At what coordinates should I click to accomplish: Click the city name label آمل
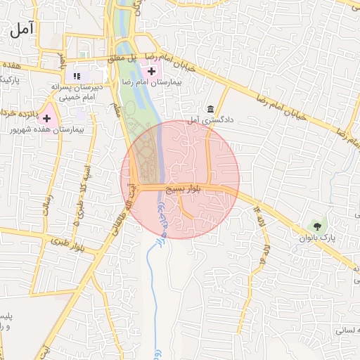(22, 30)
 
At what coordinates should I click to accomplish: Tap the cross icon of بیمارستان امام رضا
(152, 71)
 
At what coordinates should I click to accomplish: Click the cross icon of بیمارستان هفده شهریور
(47, 119)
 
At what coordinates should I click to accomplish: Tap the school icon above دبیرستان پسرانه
(77, 75)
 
